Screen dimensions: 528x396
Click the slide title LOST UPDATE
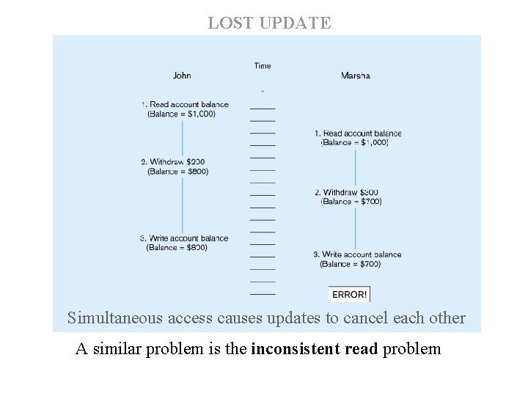pyautogui.click(x=269, y=23)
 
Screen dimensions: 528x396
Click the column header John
pyautogui.click(x=182, y=76)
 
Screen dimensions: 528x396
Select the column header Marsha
pyautogui.click(x=356, y=76)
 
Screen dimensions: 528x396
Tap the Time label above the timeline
pyautogui.click(x=263, y=66)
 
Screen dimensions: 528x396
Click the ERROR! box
pyautogui.click(x=350, y=294)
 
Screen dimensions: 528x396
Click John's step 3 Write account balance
pyautogui.click(x=184, y=238)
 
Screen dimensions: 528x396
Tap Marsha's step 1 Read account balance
pyautogui.click(x=358, y=133)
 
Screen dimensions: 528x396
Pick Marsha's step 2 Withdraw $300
pyautogui.click(x=346, y=192)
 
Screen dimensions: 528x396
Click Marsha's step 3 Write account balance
pyautogui.click(x=358, y=254)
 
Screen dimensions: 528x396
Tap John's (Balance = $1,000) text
pyautogui.click(x=182, y=114)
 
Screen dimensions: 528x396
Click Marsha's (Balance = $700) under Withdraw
pyautogui.click(x=351, y=202)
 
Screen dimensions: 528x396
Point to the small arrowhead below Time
pyautogui.click(x=263, y=92)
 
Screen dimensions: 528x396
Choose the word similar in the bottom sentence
pyautogui.click(x=119, y=348)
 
